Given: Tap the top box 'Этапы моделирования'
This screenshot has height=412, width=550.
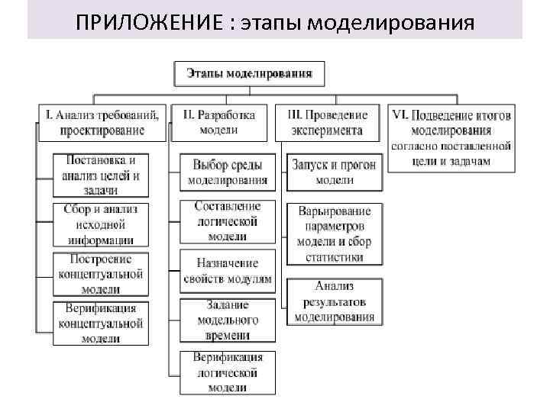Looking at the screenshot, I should coord(251,74).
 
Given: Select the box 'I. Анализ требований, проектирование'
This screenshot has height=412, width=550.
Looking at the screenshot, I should coord(102,122).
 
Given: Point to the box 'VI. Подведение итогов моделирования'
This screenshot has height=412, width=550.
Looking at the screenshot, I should coord(451,137).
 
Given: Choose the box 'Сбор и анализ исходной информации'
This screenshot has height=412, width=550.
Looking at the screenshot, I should coord(101,225).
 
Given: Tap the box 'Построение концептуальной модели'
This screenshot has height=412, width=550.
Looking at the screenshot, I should coord(101,274).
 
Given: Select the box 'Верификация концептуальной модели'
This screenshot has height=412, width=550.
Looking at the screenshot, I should coord(101,323).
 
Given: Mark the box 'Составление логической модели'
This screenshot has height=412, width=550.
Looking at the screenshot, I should coord(228,221).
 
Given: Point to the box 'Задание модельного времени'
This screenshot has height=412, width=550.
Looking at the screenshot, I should coord(228,320).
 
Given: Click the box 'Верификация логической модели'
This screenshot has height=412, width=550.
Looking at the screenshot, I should coord(228,372).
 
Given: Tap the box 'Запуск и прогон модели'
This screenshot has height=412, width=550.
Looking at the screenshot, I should coord(334,172).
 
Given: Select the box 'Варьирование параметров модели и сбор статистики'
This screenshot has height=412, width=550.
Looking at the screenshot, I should coord(334,234).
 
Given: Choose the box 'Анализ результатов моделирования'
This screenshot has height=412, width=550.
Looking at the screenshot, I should coord(334,302).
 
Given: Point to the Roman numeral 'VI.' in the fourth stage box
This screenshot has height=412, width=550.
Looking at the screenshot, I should coord(400,115).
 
